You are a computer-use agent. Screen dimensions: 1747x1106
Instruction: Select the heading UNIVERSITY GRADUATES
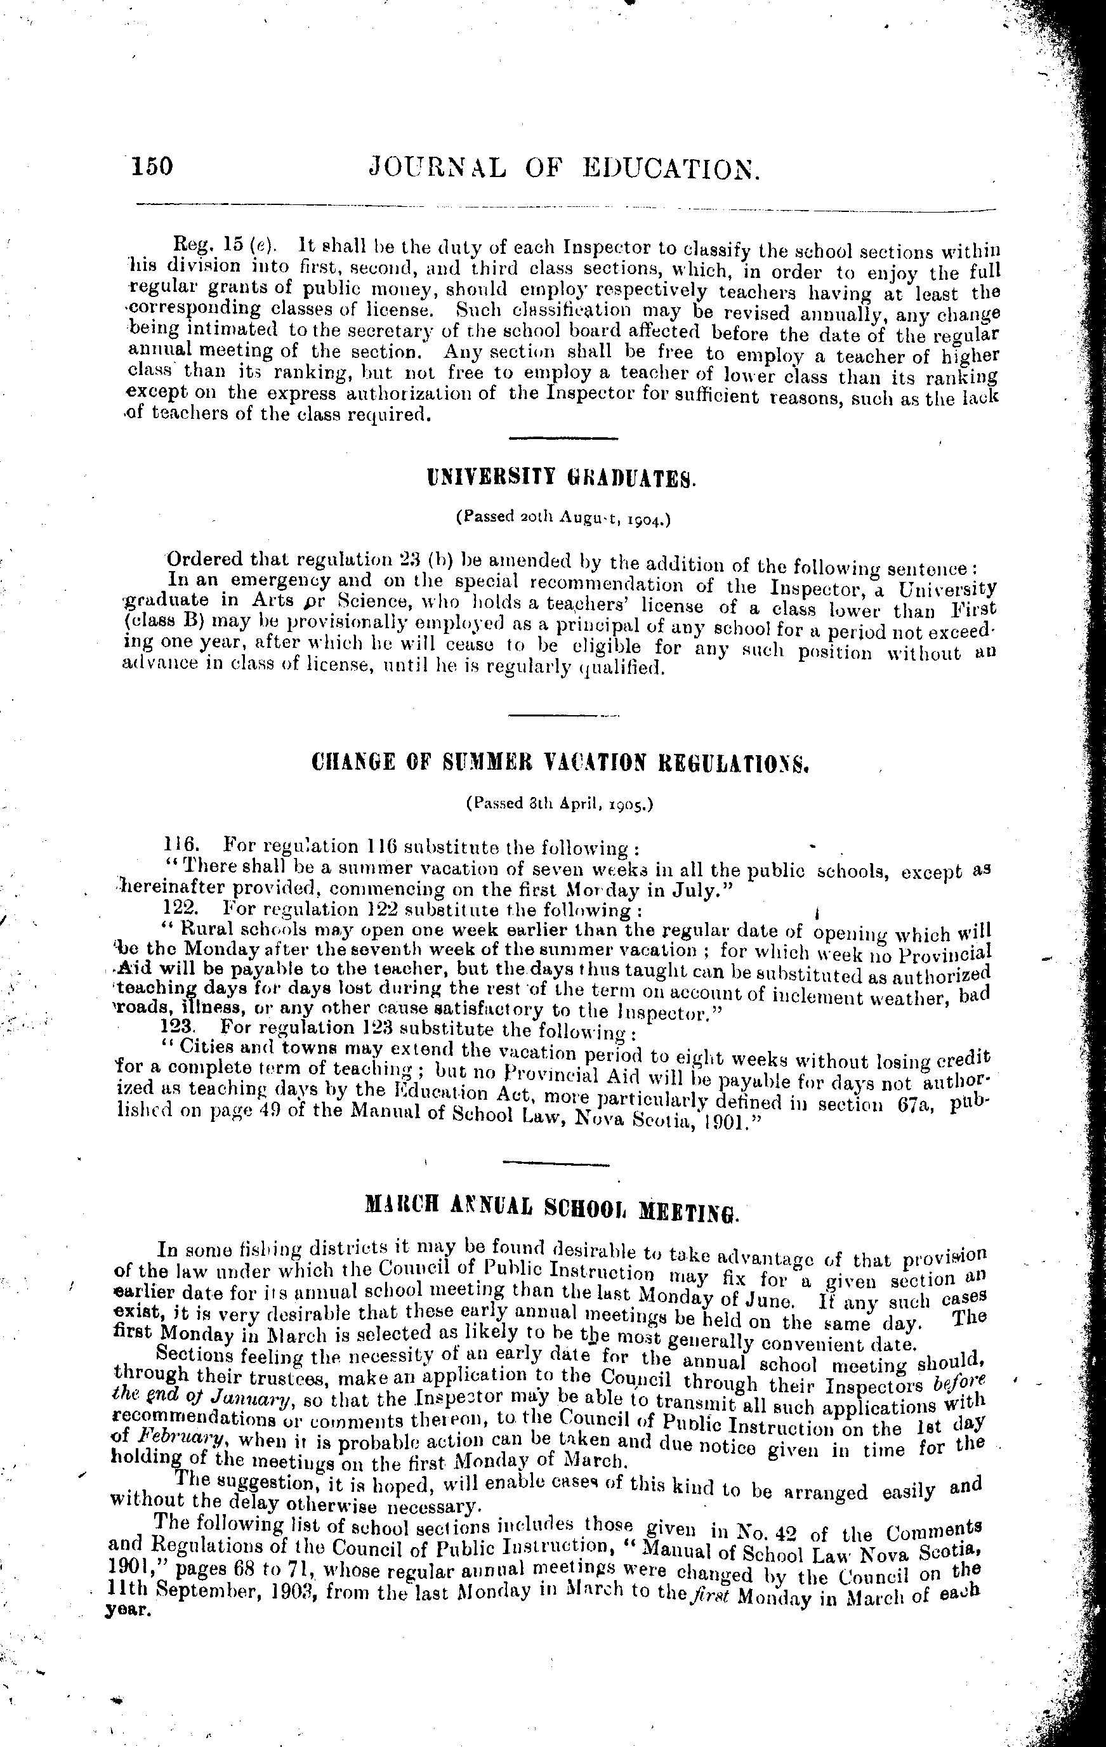pos(562,478)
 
